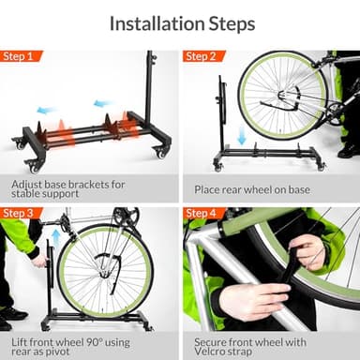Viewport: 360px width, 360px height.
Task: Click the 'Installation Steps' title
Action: point(179,22)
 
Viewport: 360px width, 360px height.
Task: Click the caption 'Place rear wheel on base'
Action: point(254,189)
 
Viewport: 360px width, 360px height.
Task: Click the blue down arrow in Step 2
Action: point(242,137)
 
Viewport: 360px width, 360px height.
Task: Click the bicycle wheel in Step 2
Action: point(281,96)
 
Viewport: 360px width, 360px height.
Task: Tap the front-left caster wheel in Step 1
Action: point(35,166)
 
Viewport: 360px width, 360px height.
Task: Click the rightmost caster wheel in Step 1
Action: point(160,152)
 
